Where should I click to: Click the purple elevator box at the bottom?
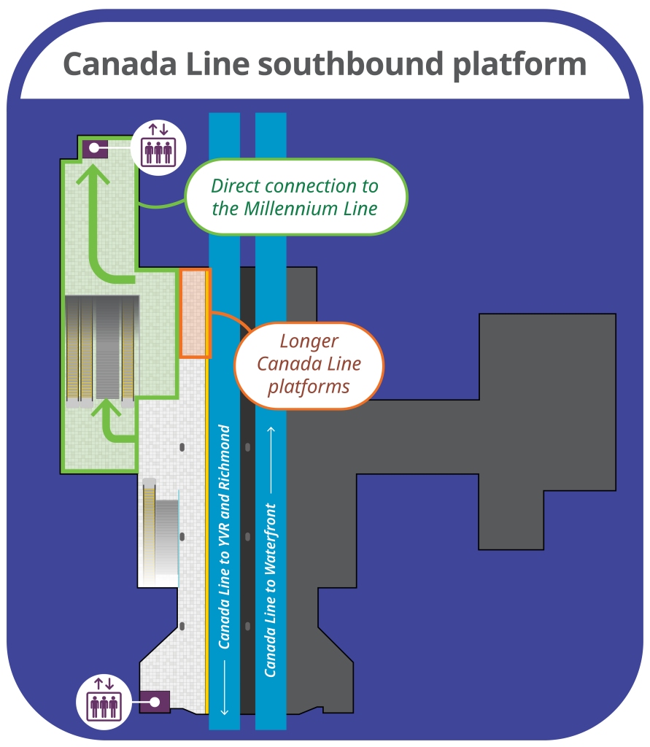(154, 702)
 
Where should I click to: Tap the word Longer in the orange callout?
(309, 341)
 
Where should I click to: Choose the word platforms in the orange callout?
(309, 385)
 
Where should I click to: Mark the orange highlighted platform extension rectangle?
(195, 313)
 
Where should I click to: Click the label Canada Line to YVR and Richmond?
(225, 536)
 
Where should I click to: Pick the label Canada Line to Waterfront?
(271, 589)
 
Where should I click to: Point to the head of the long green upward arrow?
(94, 175)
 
